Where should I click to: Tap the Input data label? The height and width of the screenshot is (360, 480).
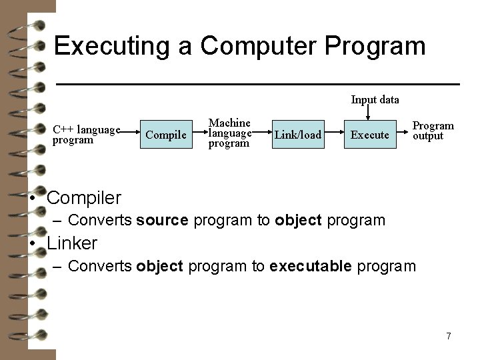pyautogui.click(x=375, y=100)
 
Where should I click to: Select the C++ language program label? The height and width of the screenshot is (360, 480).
pyautogui.click(x=86, y=135)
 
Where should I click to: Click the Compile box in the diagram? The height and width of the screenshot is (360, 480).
pyautogui.click(x=165, y=135)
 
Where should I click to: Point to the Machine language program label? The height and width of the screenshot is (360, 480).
pyautogui.click(x=229, y=133)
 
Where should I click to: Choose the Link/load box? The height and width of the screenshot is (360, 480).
pyautogui.click(x=298, y=135)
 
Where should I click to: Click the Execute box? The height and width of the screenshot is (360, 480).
pyautogui.click(x=369, y=135)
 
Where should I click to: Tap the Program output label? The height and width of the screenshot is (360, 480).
pyautogui.click(x=433, y=131)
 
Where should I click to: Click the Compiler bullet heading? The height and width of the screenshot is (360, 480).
pyautogui.click(x=84, y=198)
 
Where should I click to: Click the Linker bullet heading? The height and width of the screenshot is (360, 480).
pyautogui.click(x=72, y=243)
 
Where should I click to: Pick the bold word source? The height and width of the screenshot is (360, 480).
pyautogui.click(x=163, y=219)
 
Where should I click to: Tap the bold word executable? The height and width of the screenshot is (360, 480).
pyautogui.click(x=311, y=267)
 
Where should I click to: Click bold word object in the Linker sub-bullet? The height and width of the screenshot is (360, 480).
pyautogui.click(x=159, y=267)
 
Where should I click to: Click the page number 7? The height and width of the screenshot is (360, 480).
pyautogui.click(x=449, y=336)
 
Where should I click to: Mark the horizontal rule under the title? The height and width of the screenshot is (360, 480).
pyautogui.click(x=257, y=84)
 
